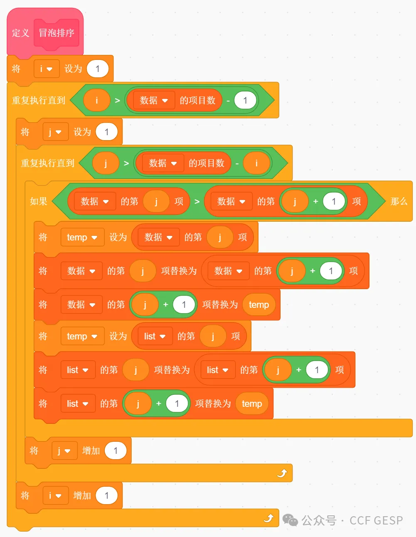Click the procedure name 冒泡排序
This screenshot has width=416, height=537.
click(57, 33)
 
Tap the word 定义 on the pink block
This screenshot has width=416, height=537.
click(21, 33)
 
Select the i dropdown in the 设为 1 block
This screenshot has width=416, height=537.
click(47, 69)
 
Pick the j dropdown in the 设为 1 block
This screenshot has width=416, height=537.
click(55, 132)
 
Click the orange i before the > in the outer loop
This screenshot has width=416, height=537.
click(97, 100)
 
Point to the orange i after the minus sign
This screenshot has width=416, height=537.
click(256, 163)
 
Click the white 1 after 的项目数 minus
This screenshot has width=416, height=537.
click(245, 100)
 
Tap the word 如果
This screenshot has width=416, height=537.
click(39, 201)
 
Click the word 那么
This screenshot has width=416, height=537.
click(399, 201)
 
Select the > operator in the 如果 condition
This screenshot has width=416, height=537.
click(197, 202)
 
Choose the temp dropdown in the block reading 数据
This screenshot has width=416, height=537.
click(82, 237)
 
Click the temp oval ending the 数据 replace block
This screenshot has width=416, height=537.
click(259, 305)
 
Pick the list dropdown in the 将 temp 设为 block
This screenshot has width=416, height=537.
click(155, 336)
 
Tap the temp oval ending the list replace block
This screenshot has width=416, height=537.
click(252, 403)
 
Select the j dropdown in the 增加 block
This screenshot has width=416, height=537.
click(64, 451)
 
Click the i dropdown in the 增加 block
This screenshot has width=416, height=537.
click(55, 495)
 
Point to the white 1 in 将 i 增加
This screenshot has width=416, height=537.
click(107, 495)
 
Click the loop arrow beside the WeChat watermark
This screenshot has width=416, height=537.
click(268, 518)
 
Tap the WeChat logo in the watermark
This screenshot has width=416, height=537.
click(290, 520)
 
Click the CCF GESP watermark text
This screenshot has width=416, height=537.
click(376, 520)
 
